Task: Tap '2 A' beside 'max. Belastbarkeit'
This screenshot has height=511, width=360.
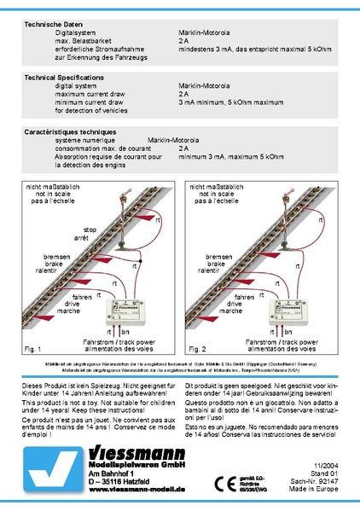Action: pyautogui.click(x=184, y=41)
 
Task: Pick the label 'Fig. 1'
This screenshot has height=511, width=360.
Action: pyautogui.click(x=33, y=350)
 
